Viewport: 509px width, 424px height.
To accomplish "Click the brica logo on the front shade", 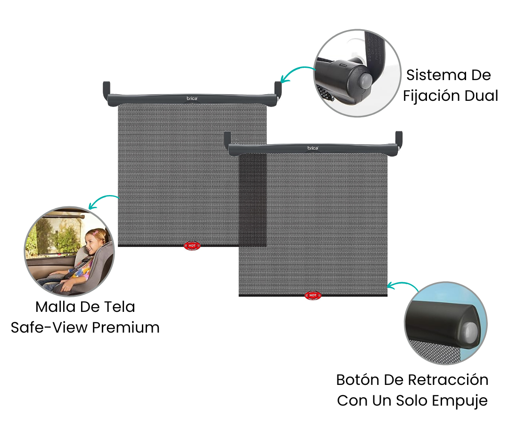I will [x=313, y=148].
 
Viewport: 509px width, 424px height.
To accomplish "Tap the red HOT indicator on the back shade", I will [x=192, y=245].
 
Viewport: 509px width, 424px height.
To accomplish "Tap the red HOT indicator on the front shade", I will [x=312, y=295].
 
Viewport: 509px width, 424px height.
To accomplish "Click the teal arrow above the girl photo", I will [x=102, y=201].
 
